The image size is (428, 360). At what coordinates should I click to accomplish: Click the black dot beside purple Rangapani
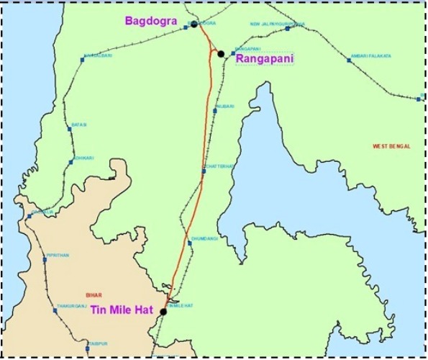click(221, 54)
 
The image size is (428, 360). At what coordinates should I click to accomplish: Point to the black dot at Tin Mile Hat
click(164, 312)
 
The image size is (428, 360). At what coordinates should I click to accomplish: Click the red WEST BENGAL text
click(391, 146)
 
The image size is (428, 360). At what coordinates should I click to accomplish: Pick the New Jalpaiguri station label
click(278, 24)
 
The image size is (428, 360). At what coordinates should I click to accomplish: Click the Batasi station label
click(79, 125)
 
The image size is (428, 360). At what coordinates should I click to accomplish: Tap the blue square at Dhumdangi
click(190, 243)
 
